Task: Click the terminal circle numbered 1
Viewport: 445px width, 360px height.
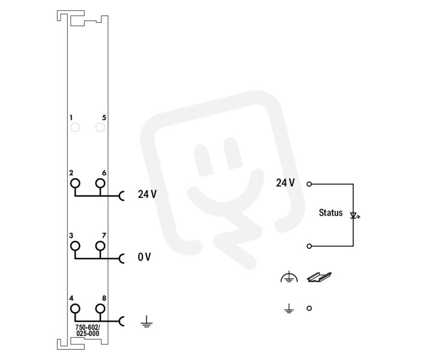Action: pyautogui.click(x=75, y=128)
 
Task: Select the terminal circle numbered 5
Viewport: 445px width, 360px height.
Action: pyautogui.click(x=100, y=128)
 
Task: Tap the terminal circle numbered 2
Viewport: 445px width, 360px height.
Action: pyautogui.click(x=75, y=183)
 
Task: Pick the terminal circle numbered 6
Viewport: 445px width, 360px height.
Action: pyautogui.click(x=100, y=183)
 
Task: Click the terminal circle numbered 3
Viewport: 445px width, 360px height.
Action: pyautogui.click(x=75, y=246)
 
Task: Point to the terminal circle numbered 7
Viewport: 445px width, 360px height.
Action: pyautogui.click(x=100, y=246)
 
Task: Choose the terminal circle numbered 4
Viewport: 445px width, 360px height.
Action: pyautogui.click(x=75, y=308)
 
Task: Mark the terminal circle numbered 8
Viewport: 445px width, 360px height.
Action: pyautogui.click(x=100, y=308)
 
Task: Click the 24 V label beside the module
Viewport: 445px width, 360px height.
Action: pyautogui.click(x=147, y=194)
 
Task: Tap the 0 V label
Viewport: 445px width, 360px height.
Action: pyautogui.click(x=144, y=257)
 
